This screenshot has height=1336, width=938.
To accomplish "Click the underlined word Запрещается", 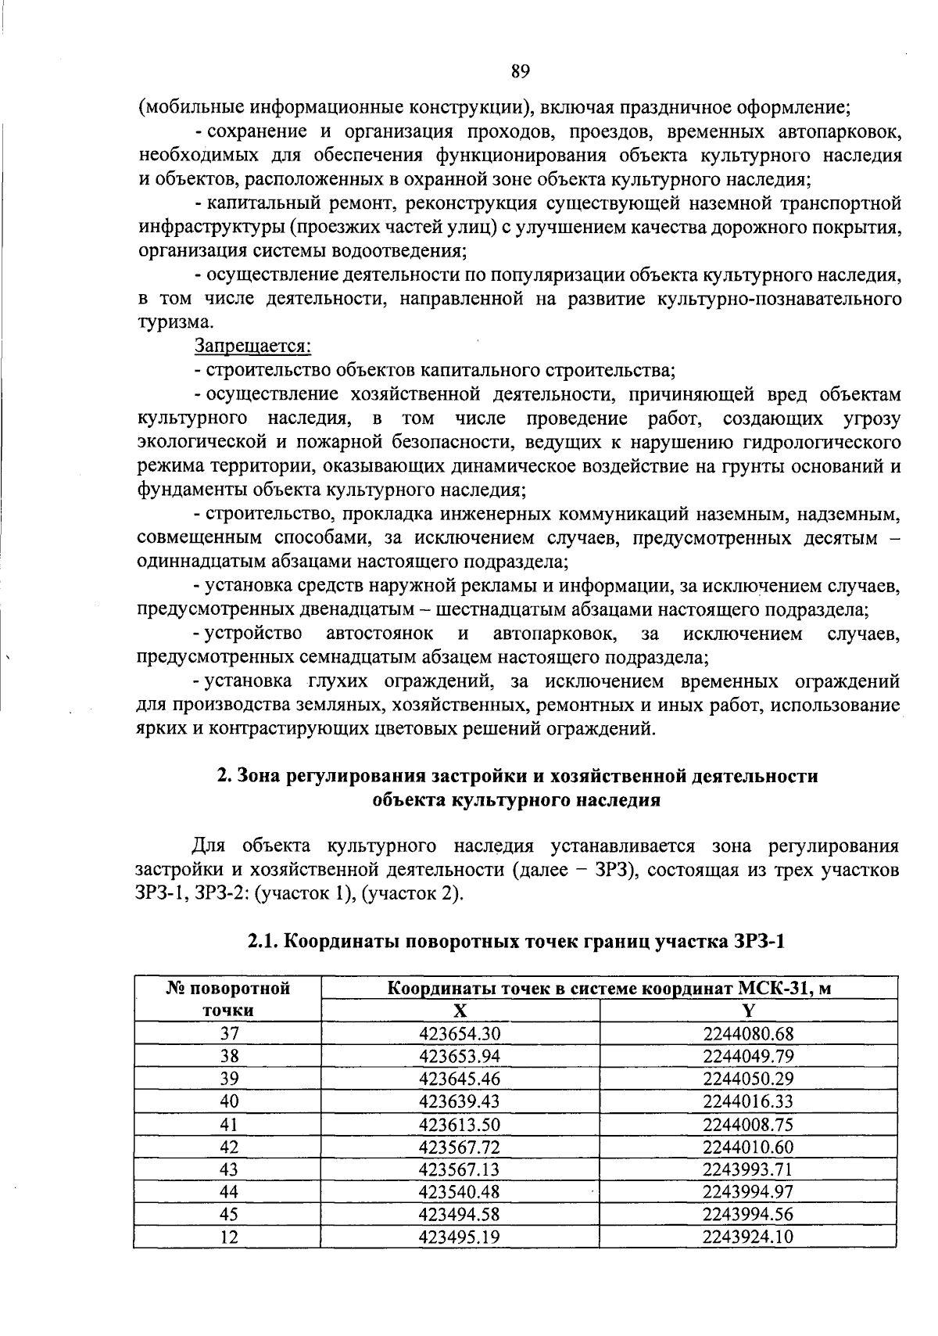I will pos(252,346).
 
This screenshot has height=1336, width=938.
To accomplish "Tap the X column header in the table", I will pos(460,1011).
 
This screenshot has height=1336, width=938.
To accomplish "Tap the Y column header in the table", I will pos(748,1011).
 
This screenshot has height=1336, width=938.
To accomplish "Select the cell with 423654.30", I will pos(460,1033).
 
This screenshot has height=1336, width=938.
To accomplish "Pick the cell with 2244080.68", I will pos(748,1033).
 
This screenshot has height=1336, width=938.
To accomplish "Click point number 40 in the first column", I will pos(229,1101).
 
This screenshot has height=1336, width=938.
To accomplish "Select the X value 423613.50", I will pos(460,1124).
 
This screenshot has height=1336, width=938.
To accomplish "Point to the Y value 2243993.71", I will pos(748,1169).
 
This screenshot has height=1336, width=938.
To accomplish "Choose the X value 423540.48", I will pos(460,1191).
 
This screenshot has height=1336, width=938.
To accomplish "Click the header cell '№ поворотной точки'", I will pos(228,999).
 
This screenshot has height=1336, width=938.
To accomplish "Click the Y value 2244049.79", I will pos(748,1056).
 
